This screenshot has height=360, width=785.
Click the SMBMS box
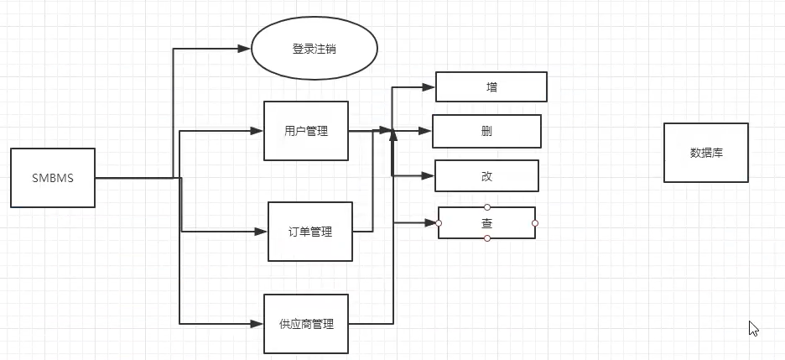click(x=53, y=178)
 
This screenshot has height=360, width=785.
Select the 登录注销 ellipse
click(x=315, y=49)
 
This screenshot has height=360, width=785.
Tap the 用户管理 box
click(x=306, y=131)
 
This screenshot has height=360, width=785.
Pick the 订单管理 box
click(x=309, y=231)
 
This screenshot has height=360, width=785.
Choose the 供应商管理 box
click(x=306, y=323)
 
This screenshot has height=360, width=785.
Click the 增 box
click(x=491, y=86)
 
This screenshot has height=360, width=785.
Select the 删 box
click(x=486, y=131)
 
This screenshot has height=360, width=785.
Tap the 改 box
click(x=486, y=175)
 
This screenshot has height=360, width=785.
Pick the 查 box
click(x=486, y=223)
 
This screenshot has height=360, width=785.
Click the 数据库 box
click(x=706, y=153)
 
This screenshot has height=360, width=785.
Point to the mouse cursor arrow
click(x=753, y=328)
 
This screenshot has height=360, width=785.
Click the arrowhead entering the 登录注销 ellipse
click(x=244, y=49)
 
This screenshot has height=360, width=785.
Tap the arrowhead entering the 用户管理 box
click(x=257, y=131)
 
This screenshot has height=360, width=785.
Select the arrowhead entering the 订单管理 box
click(x=260, y=231)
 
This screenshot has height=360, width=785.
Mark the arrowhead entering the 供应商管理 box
click(x=257, y=323)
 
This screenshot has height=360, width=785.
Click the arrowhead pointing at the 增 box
click(x=429, y=86)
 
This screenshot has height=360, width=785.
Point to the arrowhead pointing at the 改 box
click(x=427, y=175)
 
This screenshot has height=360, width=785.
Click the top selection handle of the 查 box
click(x=487, y=206)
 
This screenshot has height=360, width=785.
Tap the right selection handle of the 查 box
click(x=535, y=223)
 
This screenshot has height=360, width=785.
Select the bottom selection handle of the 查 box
click(x=487, y=239)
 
